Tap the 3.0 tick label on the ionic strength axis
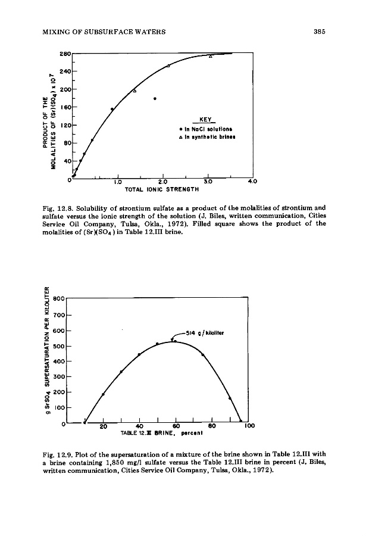pos(208,181)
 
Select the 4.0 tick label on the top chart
pos(252,181)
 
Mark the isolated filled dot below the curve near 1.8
pos(155,98)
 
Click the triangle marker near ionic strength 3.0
pos(210,57)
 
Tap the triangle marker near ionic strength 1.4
pos(134,91)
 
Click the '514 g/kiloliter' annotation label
pos(205,333)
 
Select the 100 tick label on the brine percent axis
pos(250,426)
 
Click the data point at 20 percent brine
pos(103,394)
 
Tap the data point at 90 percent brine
pos(230,398)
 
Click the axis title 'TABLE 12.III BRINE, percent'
pos(158,434)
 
